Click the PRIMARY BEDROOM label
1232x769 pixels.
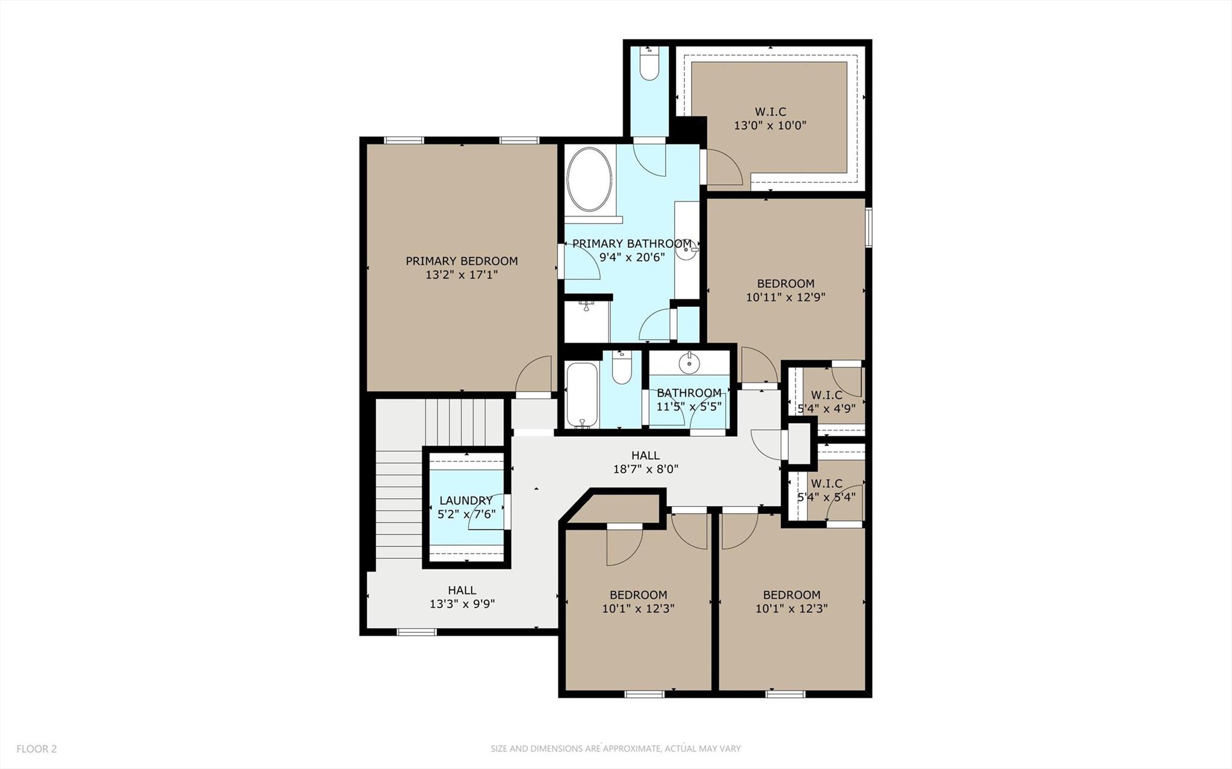(x=461, y=261)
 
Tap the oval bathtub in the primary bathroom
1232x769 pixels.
(x=589, y=179)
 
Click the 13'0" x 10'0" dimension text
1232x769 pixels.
(x=770, y=126)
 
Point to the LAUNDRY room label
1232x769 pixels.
(x=465, y=501)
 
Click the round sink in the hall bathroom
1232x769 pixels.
(x=687, y=363)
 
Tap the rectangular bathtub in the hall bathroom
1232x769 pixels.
(x=581, y=395)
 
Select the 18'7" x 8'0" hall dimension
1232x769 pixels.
(x=645, y=469)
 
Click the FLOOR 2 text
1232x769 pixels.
(x=36, y=749)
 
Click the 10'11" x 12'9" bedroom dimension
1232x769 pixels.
(x=785, y=297)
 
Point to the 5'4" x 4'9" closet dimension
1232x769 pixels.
(x=826, y=409)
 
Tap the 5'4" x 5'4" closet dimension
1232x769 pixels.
(x=826, y=498)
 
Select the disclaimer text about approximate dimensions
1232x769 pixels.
(x=615, y=749)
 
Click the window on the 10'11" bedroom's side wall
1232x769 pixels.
(x=868, y=227)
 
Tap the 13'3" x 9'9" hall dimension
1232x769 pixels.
(x=462, y=604)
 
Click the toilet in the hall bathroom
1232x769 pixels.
(x=621, y=368)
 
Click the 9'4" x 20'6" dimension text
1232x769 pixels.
(x=631, y=258)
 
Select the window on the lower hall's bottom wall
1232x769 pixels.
(x=416, y=632)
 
